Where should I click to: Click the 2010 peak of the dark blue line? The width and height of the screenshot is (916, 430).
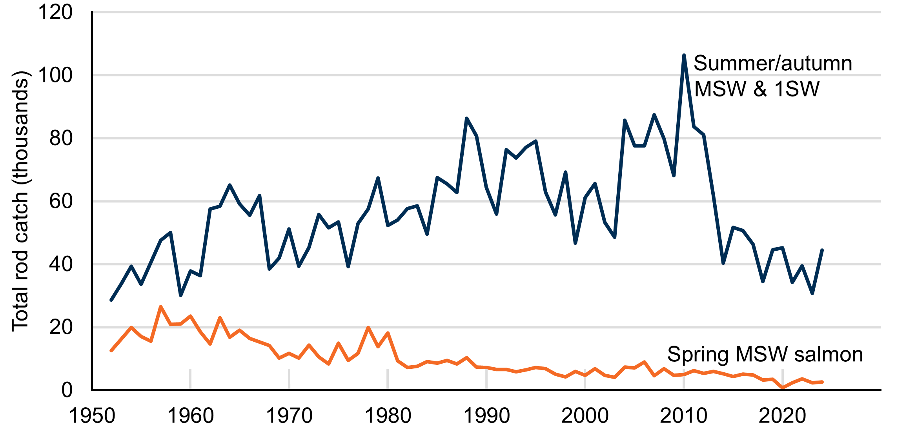pyautogui.click(x=684, y=56)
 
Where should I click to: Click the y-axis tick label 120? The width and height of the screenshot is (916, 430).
pyautogui.click(x=55, y=12)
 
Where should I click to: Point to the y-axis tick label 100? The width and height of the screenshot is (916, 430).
pyautogui.click(x=55, y=75)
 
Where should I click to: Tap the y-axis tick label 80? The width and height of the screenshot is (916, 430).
pyautogui.click(x=61, y=138)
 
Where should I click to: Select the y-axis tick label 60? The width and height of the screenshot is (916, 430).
pyautogui.click(x=61, y=201)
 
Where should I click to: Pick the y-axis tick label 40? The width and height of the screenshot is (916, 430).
pyautogui.click(x=61, y=264)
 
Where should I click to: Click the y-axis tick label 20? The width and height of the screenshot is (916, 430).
pyautogui.click(x=61, y=327)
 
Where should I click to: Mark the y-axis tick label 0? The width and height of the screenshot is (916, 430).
pyautogui.click(x=67, y=390)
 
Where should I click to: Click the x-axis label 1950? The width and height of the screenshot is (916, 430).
pyautogui.click(x=92, y=416)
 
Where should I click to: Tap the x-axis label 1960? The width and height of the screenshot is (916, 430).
pyautogui.click(x=191, y=416)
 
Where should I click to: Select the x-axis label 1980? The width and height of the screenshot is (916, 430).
pyautogui.click(x=388, y=416)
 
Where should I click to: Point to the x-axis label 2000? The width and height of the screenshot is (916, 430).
pyautogui.click(x=585, y=416)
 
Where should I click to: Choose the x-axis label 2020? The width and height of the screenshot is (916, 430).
pyautogui.click(x=782, y=416)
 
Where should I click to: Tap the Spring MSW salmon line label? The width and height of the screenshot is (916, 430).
pyautogui.click(x=765, y=354)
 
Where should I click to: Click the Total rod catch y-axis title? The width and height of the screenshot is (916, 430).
pyautogui.click(x=20, y=201)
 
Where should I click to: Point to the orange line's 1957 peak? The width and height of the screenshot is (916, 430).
pyautogui.click(x=161, y=307)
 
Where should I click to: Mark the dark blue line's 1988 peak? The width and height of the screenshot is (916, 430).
pyautogui.click(x=466, y=118)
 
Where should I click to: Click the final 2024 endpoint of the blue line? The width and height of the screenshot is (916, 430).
pyautogui.click(x=822, y=250)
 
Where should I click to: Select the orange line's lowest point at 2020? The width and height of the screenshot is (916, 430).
pyautogui.click(x=783, y=388)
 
